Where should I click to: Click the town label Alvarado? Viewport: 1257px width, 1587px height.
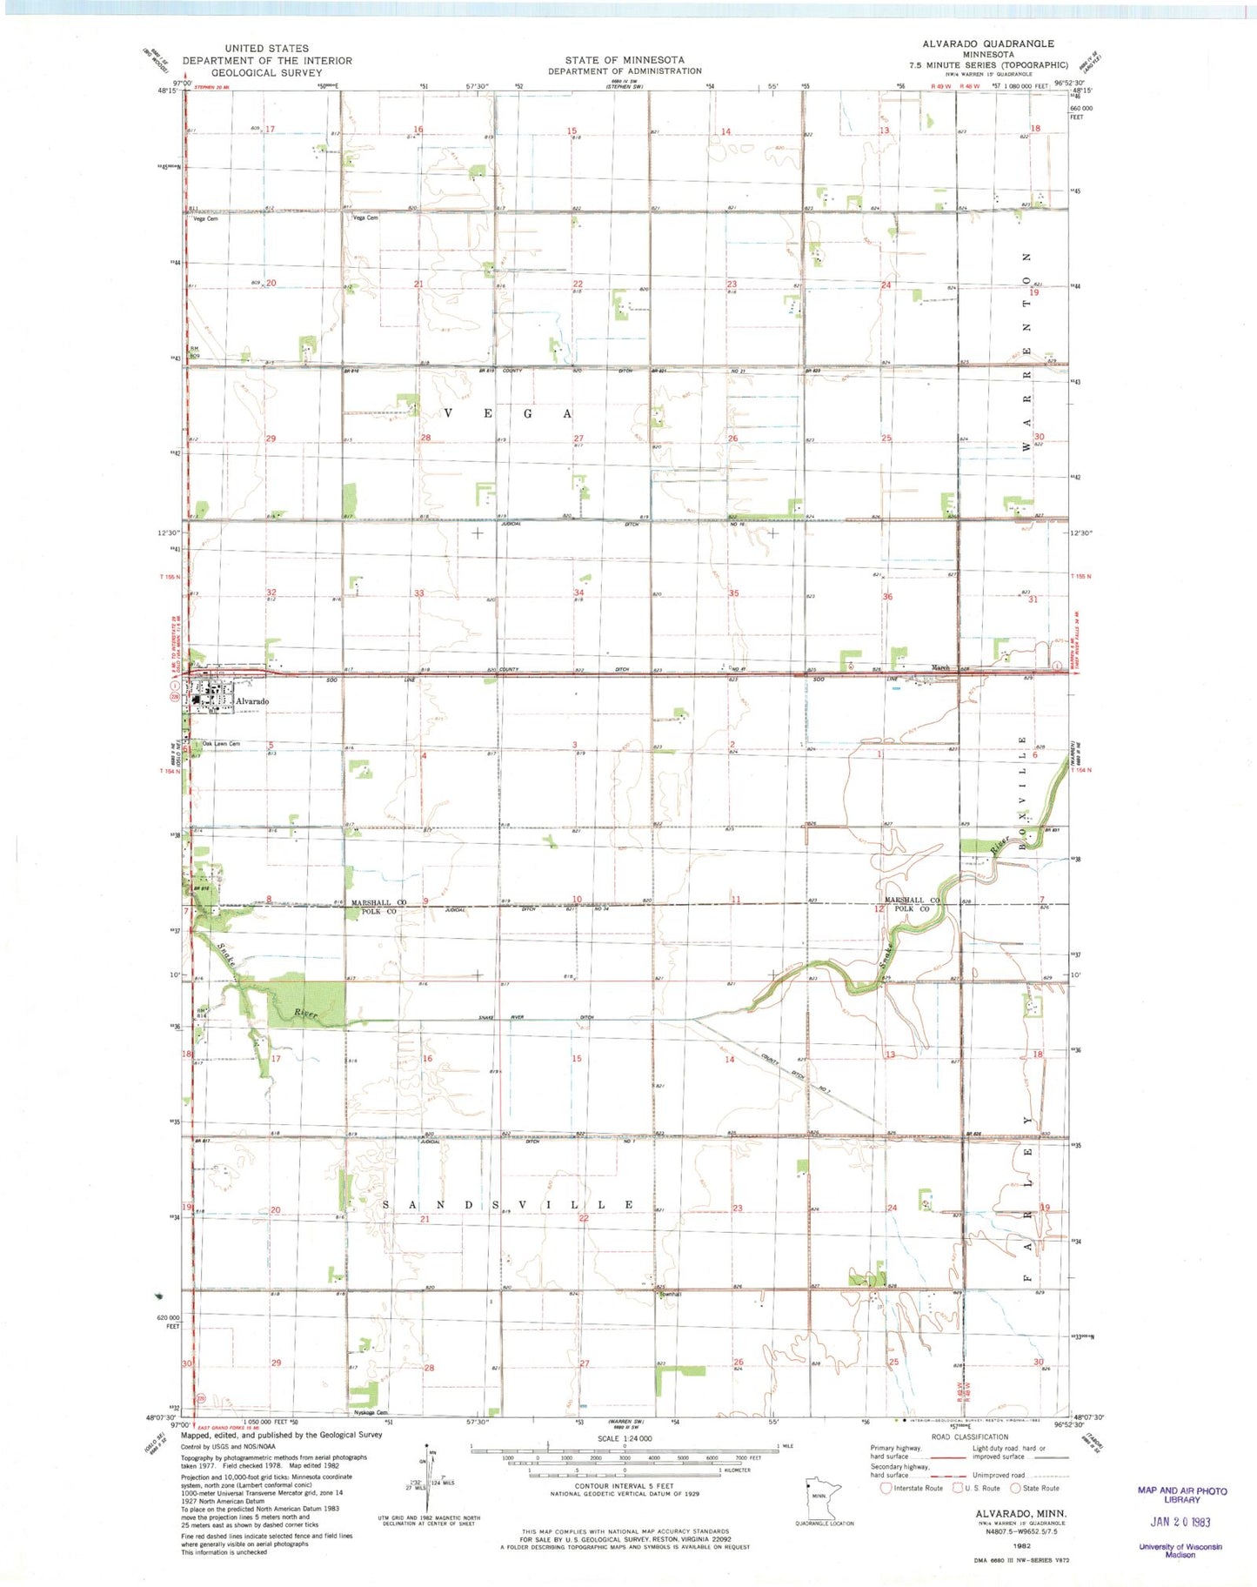pos(251,701)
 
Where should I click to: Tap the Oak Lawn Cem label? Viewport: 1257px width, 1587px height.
pos(220,744)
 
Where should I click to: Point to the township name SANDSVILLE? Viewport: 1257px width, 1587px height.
pos(509,1205)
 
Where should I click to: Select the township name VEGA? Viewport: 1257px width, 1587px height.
pos(509,413)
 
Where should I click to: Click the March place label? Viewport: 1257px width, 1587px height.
pos(940,668)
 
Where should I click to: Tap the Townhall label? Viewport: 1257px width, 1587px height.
pos(669,1294)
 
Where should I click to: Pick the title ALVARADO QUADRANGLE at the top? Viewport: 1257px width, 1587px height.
pos(988,44)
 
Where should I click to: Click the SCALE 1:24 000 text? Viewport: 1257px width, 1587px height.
pos(624,1438)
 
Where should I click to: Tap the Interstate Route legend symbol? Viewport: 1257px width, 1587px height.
pos(886,1488)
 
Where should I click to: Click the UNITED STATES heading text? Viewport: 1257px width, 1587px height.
pos(266,49)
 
